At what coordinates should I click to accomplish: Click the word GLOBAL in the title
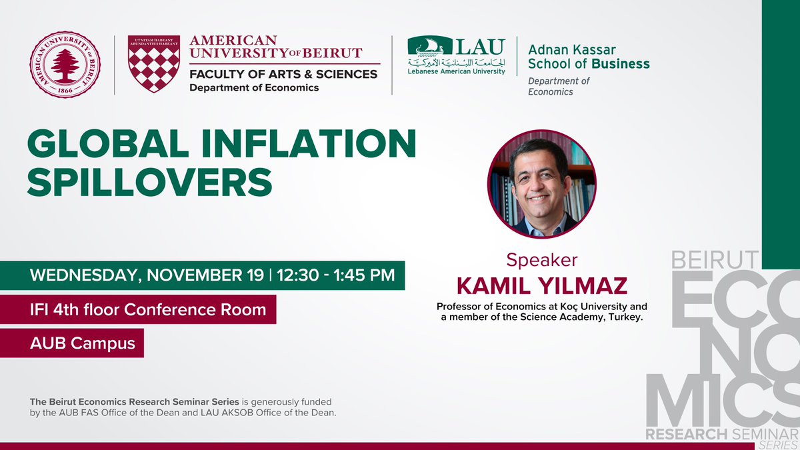coord(93,145)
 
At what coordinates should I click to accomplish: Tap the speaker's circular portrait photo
coord(541,183)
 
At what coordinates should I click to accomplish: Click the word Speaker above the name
coord(541,259)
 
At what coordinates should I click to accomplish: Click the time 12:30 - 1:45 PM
coord(336,275)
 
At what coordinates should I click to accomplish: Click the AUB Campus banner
coord(83,343)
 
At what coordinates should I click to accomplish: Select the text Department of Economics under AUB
coord(254,87)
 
